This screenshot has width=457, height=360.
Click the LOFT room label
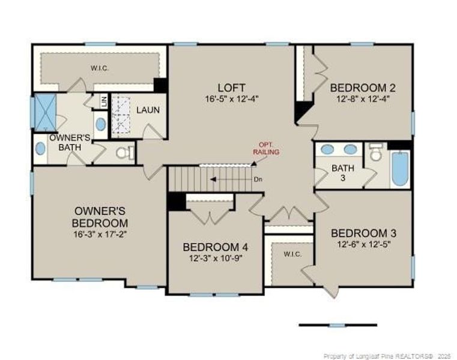pyautogui.click(x=231, y=88)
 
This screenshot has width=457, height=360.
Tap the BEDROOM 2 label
pyautogui.click(x=363, y=88)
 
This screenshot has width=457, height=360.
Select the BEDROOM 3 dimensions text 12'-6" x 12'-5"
pyautogui.click(x=363, y=244)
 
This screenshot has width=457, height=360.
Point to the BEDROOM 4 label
pyautogui.click(x=216, y=247)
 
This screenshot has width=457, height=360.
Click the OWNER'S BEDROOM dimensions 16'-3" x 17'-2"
pyautogui.click(x=100, y=234)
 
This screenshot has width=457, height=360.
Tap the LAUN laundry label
pyautogui.click(x=148, y=110)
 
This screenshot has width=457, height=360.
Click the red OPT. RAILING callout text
pyautogui.click(x=266, y=149)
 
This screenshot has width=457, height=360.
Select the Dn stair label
pyautogui.click(x=258, y=179)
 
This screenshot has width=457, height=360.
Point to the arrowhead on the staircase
pyautogui.click(x=213, y=179)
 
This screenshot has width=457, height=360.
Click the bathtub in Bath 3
pyautogui.click(x=400, y=169)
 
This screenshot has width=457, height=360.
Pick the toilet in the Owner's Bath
pyautogui.click(x=125, y=152)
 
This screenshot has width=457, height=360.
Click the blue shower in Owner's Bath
pyautogui.click(x=45, y=112)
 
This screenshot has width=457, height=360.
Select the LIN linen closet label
pyautogui.click(x=104, y=101)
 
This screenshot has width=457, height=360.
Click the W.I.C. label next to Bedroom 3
pyautogui.click(x=292, y=254)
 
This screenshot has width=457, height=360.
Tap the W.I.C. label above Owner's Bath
pyautogui.click(x=99, y=68)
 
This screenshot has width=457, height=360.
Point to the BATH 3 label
pyautogui.click(x=343, y=173)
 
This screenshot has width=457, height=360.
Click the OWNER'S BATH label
pyautogui.click(x=70, y=142)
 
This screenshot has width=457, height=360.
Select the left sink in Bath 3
pyautogui.click(x=327, y=149)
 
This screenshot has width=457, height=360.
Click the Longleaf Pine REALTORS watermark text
pyautogui.click(x=387, y=356)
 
